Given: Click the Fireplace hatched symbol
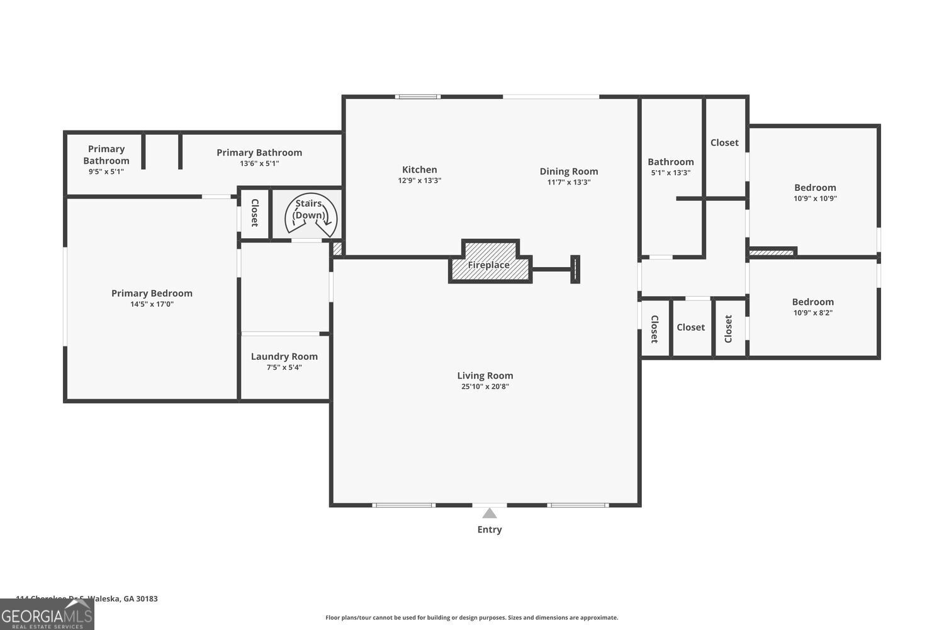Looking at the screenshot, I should coord(489,265).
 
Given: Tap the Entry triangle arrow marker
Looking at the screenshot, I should coord(489,513).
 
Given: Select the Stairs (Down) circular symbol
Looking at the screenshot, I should coord(310,215).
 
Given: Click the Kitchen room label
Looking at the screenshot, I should coord(419,169).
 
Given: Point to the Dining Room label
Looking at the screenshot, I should coord(568,171).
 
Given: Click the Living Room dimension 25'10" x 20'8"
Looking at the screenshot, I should coord(485,387).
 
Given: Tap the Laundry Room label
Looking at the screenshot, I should coord(284,357).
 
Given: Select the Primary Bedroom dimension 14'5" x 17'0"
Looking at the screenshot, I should coord(152,304).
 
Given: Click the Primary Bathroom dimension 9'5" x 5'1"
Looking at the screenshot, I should coord(106,171).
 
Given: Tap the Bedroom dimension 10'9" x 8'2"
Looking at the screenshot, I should coord(812,313).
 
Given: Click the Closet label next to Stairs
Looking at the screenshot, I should coord(255,213).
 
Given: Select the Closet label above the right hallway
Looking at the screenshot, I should coord(724,143).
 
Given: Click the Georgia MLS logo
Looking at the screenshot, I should coord(47,615).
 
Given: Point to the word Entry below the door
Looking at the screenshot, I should coord(489,530).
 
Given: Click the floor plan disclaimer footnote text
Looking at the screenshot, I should coord(471,618).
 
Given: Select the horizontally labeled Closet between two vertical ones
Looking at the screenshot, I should coord(690,328).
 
